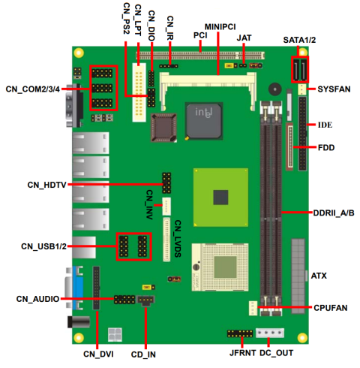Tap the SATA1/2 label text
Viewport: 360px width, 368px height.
point(299,39)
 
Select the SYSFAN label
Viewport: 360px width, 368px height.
point(334,89)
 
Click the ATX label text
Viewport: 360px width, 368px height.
point(319,276)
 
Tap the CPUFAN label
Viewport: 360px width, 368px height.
point(331,308)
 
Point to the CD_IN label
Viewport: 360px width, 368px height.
point(144,353)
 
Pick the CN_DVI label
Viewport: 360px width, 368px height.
point(98,353)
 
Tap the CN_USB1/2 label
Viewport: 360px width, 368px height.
point(43,246)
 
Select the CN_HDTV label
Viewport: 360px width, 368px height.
point(46,185)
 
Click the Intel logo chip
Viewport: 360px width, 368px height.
point(203,120)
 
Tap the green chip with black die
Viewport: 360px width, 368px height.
point(220,195)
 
